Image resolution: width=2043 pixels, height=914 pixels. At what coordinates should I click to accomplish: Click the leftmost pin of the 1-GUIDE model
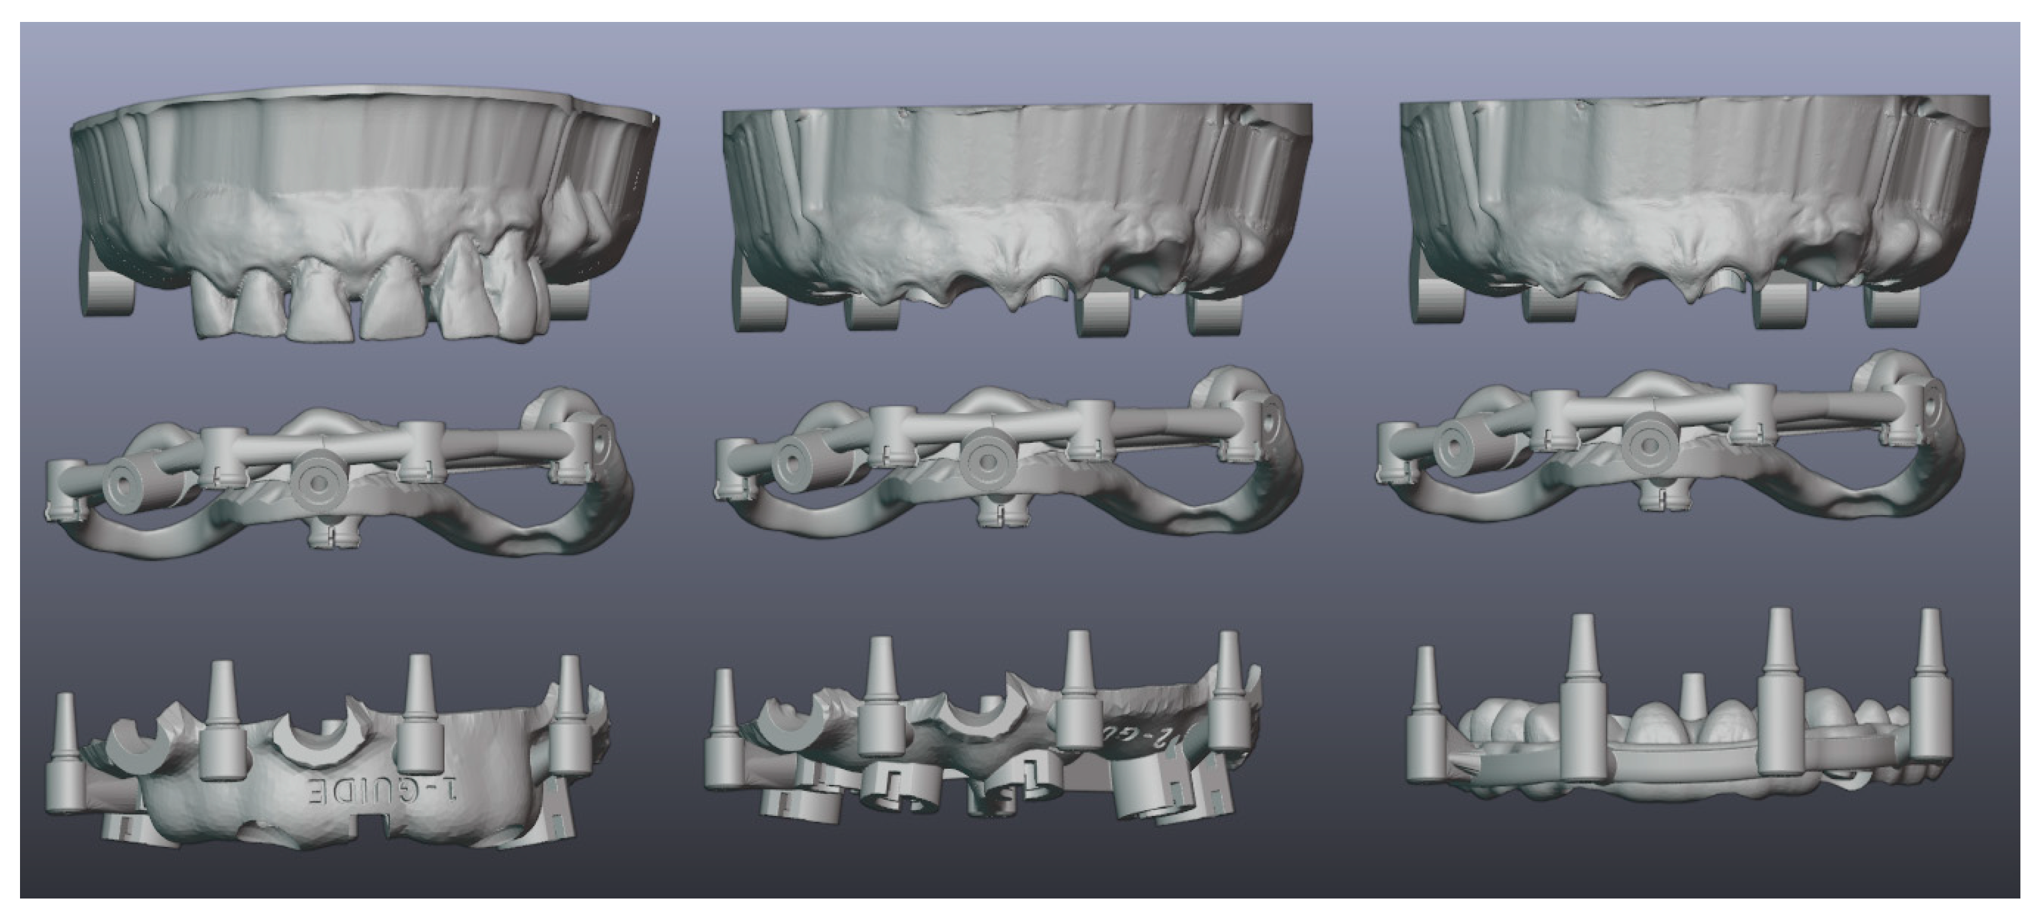65,753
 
